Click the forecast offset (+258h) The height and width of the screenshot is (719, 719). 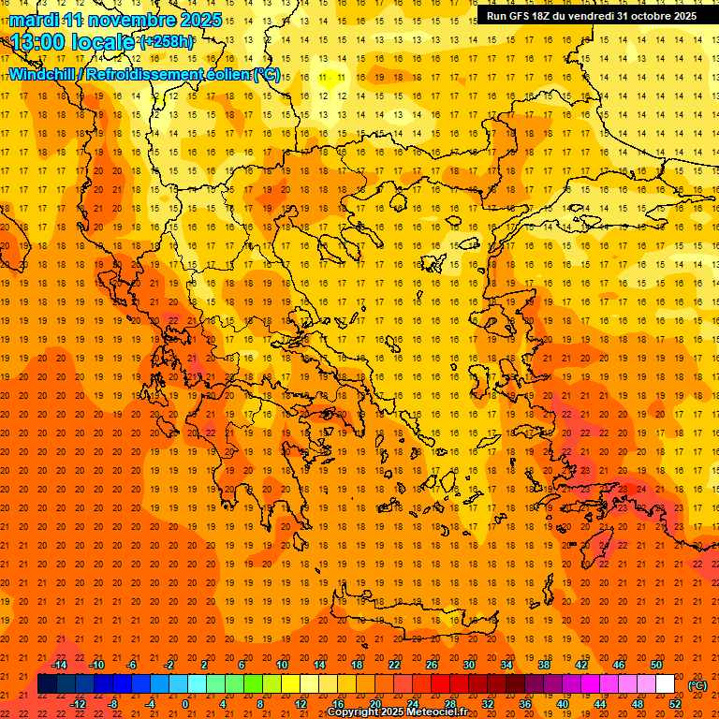click(x=167, y=42)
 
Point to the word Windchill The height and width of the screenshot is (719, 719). click(x=43, y=74)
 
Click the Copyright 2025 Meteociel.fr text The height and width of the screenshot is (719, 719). click(x=397, y=712)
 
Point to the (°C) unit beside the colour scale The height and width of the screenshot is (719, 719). click(x=697, y=685)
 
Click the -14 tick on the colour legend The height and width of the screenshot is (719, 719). click(x=61, y=665)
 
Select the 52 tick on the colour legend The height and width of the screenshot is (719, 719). click(x=675, y=704)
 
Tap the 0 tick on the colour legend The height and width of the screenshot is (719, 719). click(x=185, y=704)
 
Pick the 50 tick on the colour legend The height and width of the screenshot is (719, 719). click(x=656, y=665)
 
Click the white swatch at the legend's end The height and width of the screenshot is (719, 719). click(x=665, y=684)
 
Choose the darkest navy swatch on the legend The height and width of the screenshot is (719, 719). click(x=47, y=684)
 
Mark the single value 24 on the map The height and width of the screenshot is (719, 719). click(x=641, y=489)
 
